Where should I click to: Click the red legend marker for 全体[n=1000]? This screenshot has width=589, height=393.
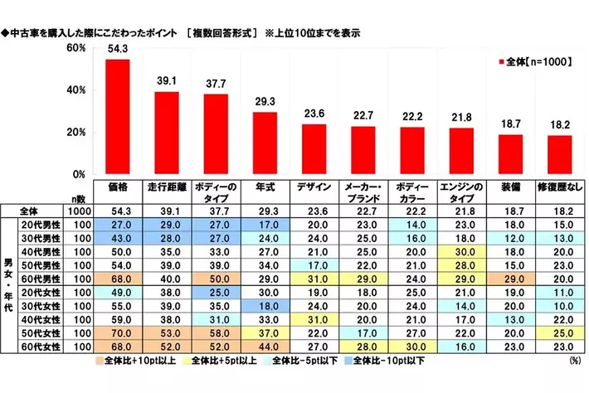[500, 63]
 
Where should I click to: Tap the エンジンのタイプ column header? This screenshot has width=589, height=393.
[461, 193]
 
